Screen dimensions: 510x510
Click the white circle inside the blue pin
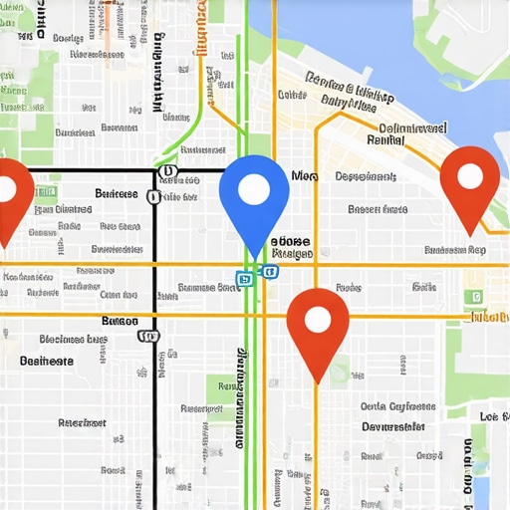click(x=254, y=186)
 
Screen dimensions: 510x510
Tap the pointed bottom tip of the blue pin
click(x=254, y=258)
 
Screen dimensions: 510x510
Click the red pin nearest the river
click(x=468, y=179)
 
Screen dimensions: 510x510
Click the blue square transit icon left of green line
click(x=241, y=279)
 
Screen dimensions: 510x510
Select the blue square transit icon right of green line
click(x=269, y=270)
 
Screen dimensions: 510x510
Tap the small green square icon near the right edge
click(x=477, y=296)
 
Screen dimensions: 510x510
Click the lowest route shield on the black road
click(x=148, y=336)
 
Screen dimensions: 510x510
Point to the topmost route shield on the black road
click(x=165, y=171)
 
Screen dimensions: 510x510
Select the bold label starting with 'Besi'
click(x=47, y=361)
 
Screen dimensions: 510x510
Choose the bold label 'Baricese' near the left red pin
click(x=116, y=193)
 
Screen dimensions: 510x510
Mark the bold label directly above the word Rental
click(x=412, y=127)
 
